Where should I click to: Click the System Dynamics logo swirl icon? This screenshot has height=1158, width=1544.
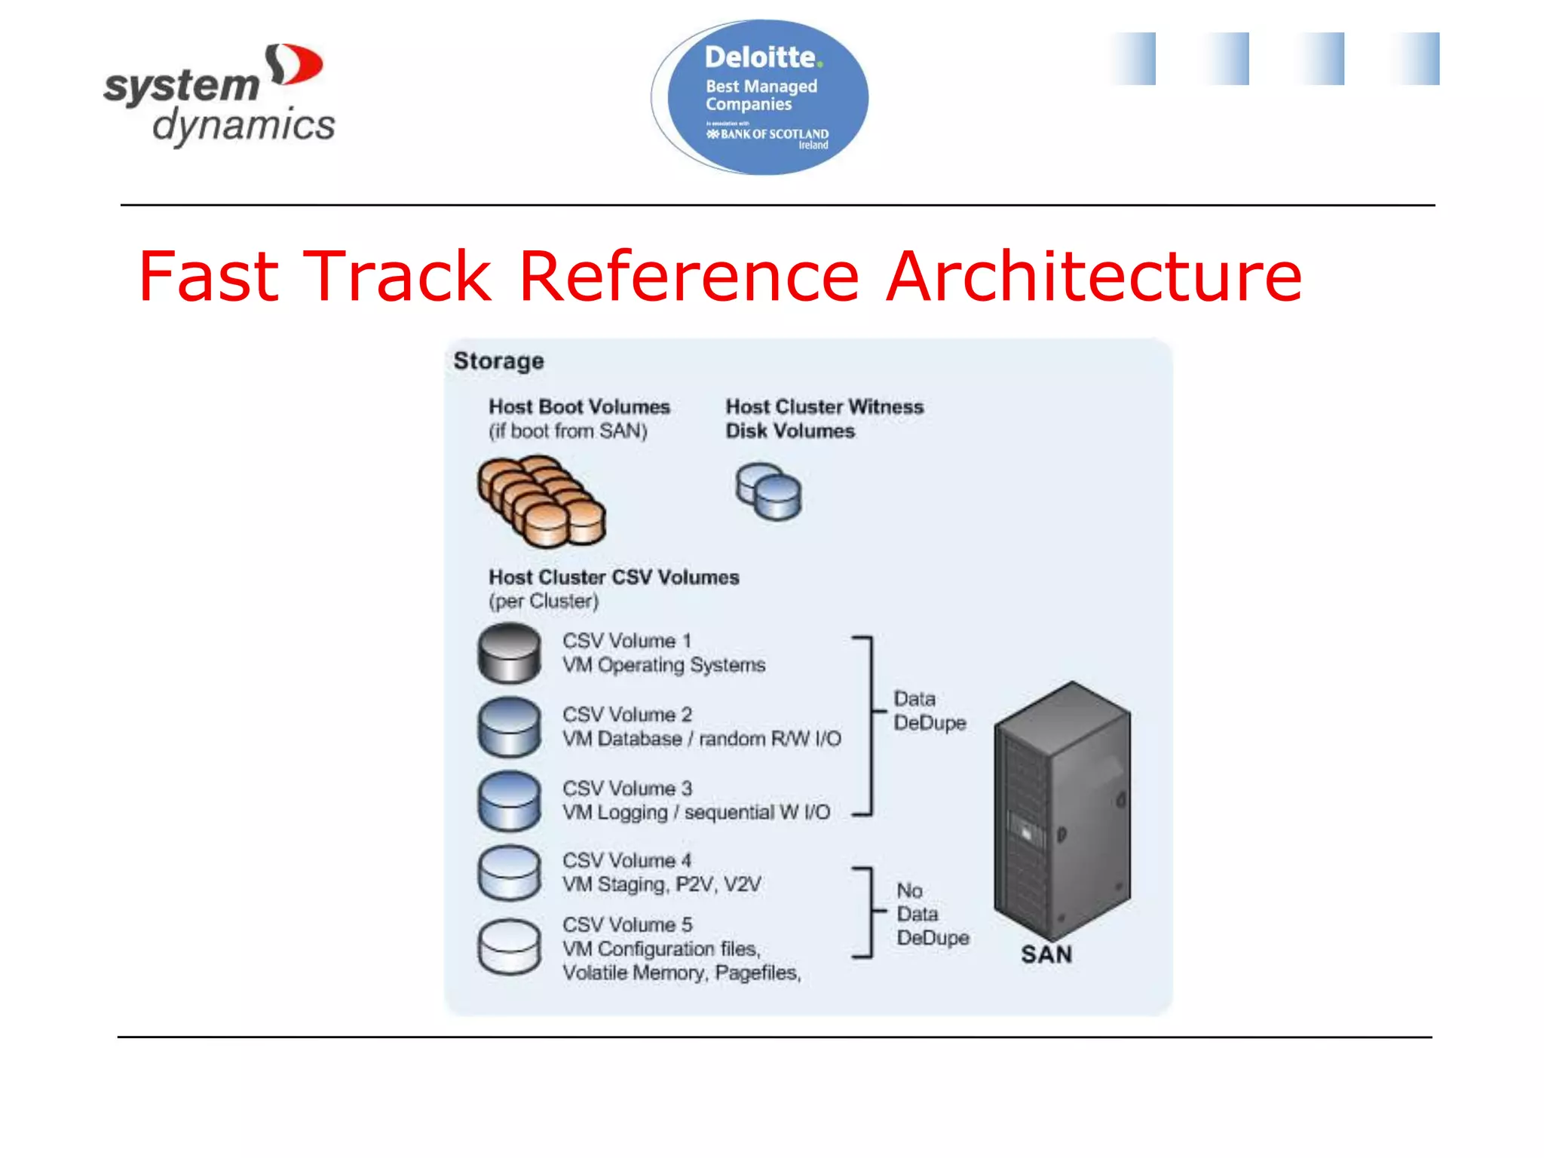tap(294, 65)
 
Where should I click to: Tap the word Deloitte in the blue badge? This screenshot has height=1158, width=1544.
tap(760, 57)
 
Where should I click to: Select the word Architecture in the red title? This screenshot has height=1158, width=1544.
tap(1093, 277)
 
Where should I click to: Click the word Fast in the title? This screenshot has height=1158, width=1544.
tap(209, 277)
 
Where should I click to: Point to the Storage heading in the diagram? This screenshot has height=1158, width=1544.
tap(498, 361)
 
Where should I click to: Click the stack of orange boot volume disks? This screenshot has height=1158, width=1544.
tap(541, 501)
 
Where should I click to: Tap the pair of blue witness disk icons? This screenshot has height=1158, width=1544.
tap(768, 492)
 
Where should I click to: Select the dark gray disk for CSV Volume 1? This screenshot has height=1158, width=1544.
tap(510, 653)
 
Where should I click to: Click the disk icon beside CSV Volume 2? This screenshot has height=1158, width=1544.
tap(510, 727)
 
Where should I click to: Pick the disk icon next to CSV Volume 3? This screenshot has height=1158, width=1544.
tap(510, 800)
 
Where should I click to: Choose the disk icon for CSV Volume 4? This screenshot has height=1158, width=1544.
tap(510, 872)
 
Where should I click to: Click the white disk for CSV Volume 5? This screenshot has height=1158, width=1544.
tap(510, 946)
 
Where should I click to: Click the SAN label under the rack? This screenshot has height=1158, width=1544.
tap(1046, 954)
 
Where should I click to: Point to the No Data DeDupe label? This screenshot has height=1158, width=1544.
tap(932, 914)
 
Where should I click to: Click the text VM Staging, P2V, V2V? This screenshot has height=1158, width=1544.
tap(662, 884)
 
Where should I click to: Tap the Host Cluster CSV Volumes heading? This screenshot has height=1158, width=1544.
tap(614, 577)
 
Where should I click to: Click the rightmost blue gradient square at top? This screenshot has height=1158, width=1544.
tap(1417, 59)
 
